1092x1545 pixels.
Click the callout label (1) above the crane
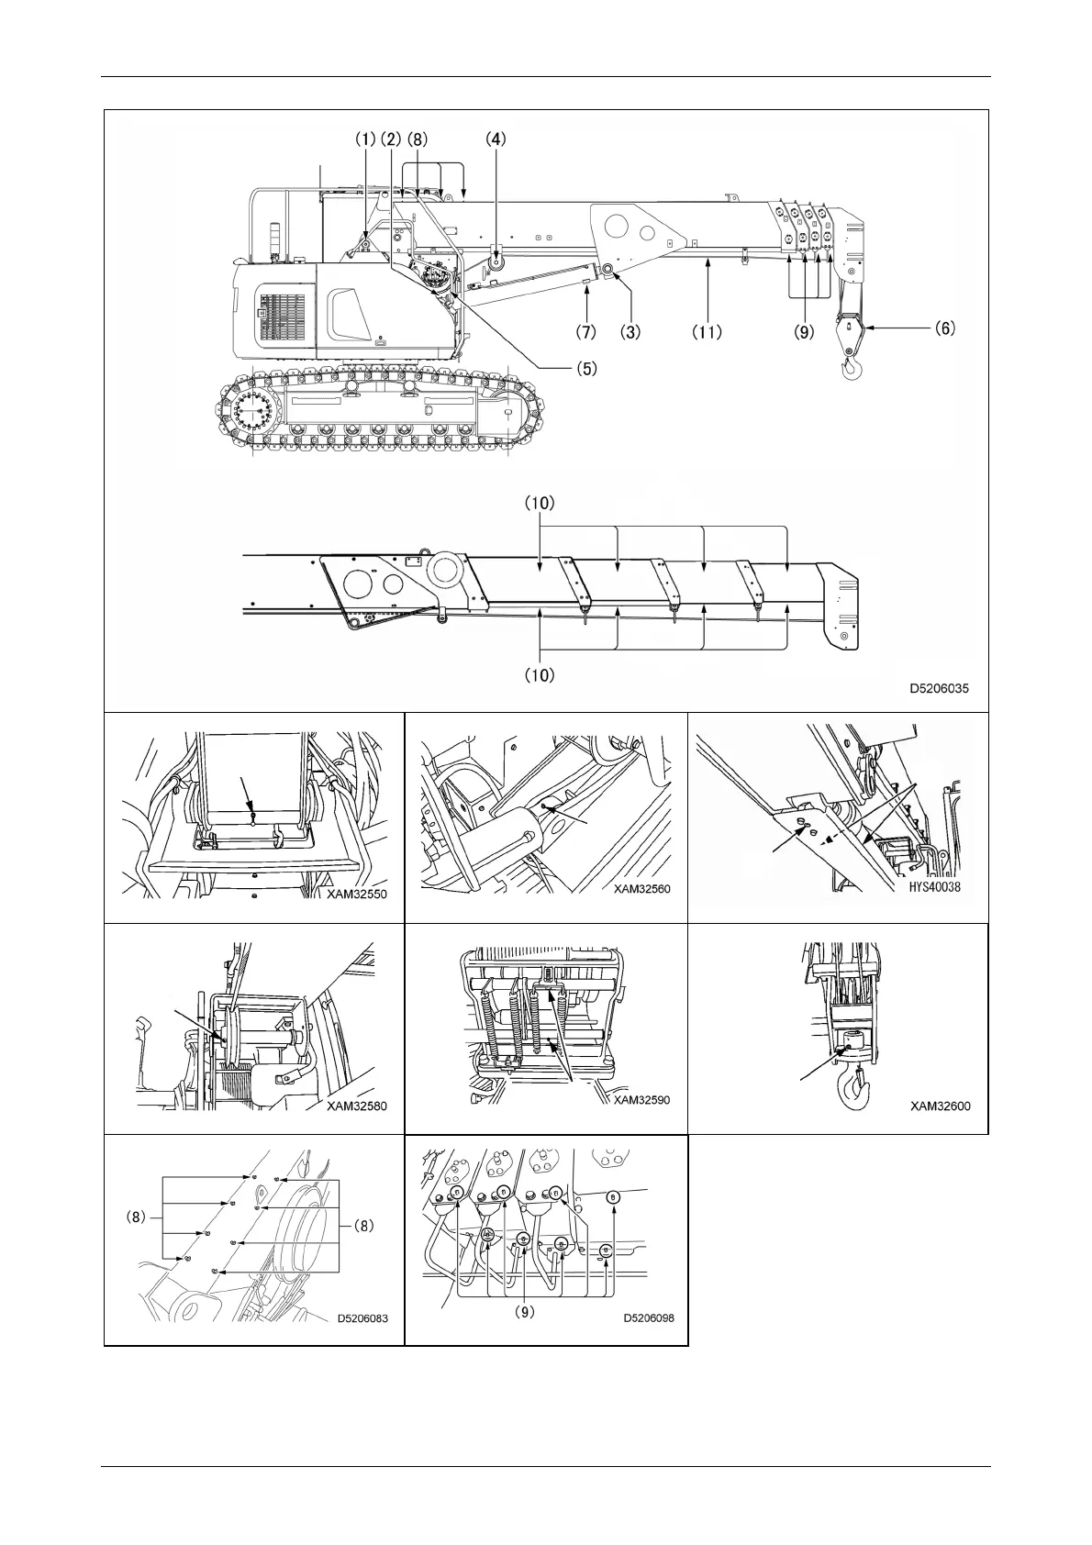pos(366,139)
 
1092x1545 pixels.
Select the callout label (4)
pos(496,139)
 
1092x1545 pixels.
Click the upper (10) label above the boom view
pos(540,504)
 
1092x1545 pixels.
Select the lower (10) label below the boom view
pos(540,675)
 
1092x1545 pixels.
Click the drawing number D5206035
pos(939,687)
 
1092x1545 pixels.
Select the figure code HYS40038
pos(930,887)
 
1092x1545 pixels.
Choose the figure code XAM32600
pos(940,1106)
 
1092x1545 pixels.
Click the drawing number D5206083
pos(362,1318)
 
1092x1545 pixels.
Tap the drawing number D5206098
pos(649,1317)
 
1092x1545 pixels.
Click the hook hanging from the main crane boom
pos(851,366)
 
